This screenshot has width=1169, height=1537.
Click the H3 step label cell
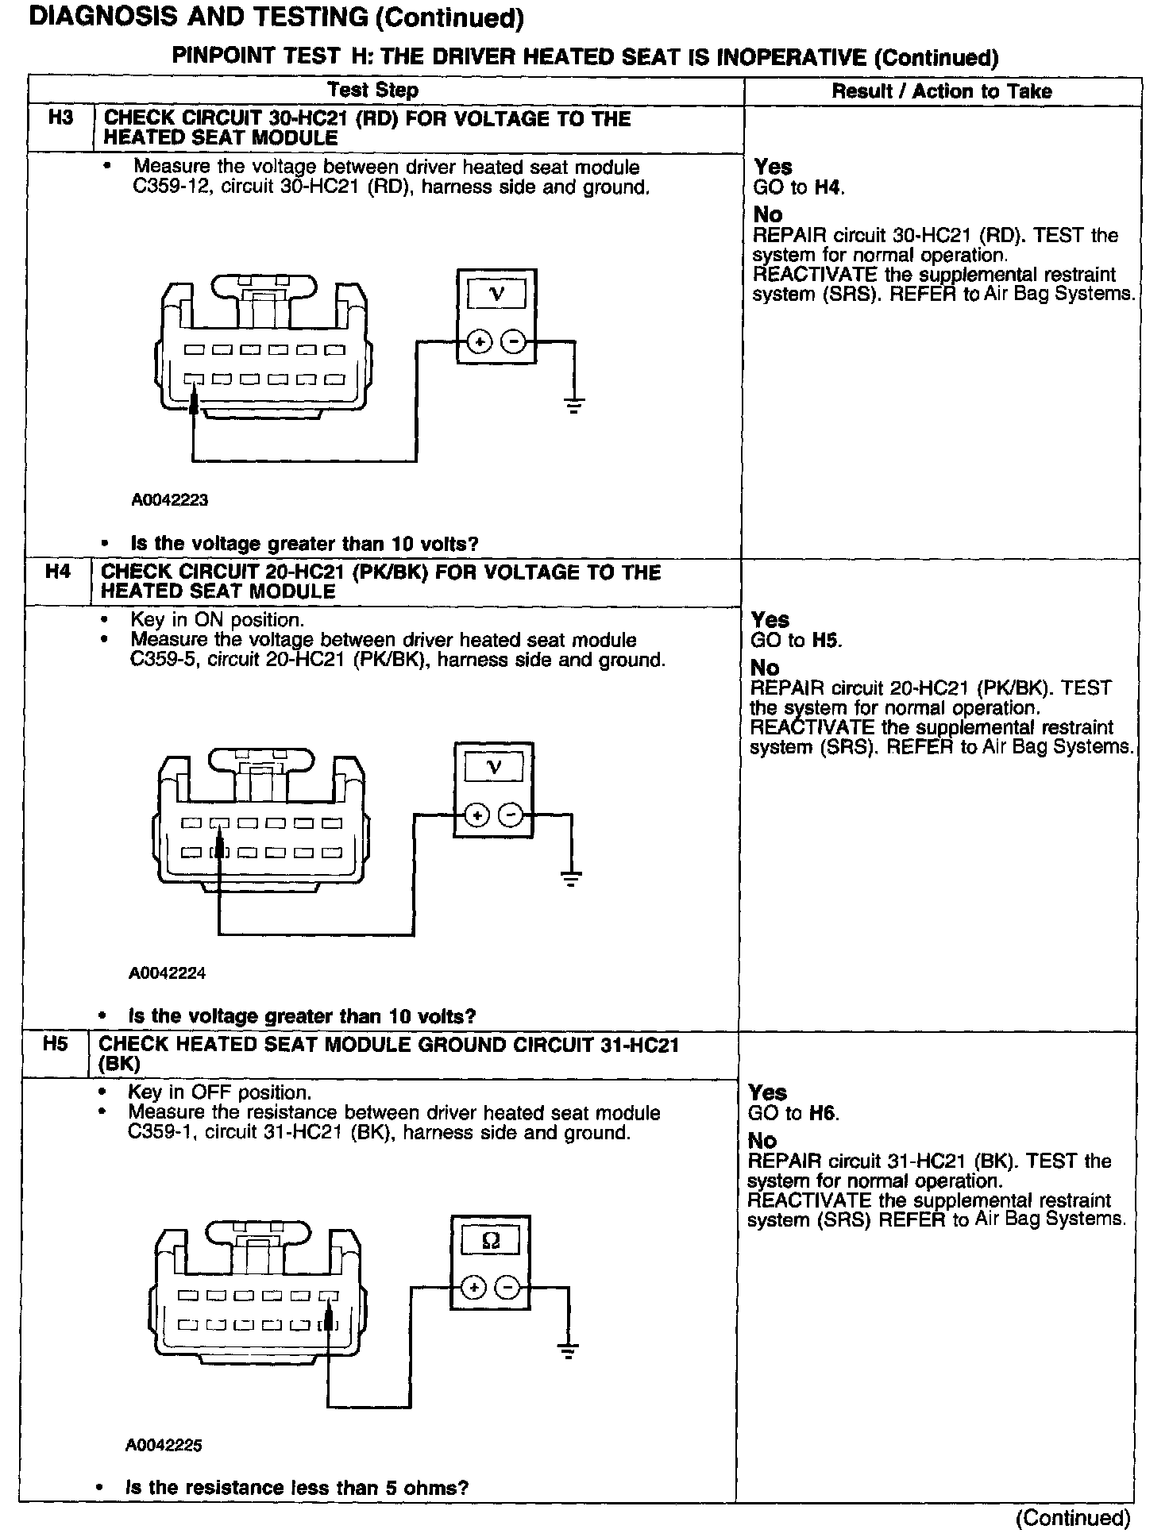[60, 118]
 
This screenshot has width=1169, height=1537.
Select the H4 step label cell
[58, 572]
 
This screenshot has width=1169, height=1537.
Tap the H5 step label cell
[55, 1043]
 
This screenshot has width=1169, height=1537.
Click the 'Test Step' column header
[372, 91]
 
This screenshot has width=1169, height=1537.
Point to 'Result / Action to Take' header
[941, 91]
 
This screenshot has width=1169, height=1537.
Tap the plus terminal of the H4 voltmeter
[476, 815]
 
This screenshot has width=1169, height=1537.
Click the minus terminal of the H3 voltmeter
[515, 342]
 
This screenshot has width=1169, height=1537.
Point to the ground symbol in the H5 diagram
[568, 1349]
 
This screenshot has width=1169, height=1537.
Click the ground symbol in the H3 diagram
[574, 405]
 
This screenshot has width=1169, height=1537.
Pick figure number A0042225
[164, 1445]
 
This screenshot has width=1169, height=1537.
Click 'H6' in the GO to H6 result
[824, 1113]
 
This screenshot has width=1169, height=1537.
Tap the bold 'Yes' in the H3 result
[773, 167]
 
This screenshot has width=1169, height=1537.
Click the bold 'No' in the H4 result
[764, 668]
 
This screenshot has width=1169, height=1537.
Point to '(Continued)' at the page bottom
[1073, 1518]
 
